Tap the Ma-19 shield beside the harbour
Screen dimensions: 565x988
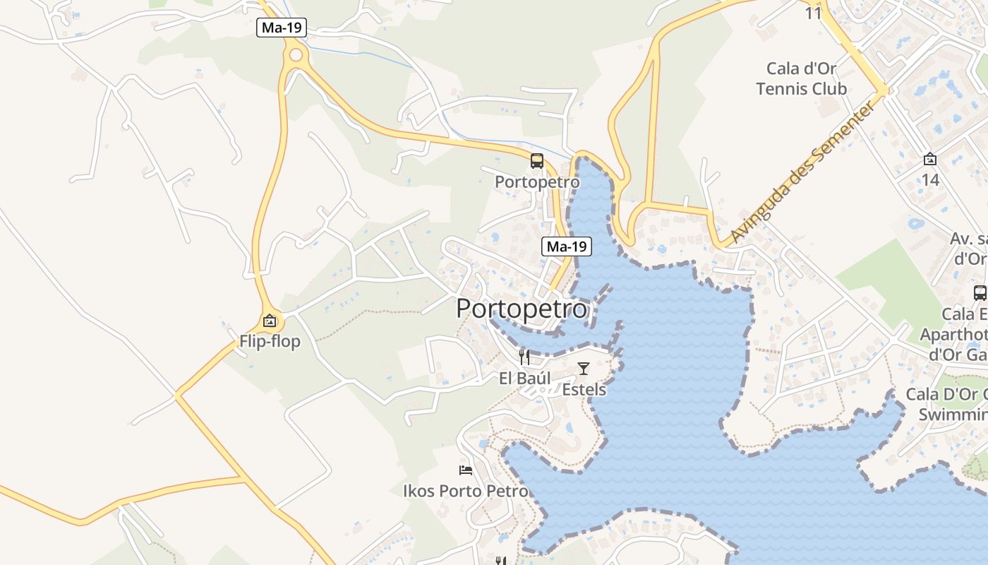pos(567,246)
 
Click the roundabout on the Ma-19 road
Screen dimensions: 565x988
pos(296,54)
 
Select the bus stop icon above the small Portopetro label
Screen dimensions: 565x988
pos(537,161)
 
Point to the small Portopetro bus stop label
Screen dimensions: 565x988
pos(537,182)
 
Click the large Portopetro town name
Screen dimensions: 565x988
pos(522,309)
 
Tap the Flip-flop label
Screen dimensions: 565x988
pos(270,342)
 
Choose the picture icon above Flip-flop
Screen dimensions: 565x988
pos(269,321)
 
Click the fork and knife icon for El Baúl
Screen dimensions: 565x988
pos(524,357)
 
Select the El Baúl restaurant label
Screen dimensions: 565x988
pos(524,379)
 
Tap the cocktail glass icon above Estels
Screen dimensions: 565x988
pos(584,368)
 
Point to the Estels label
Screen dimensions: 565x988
pos(584,389)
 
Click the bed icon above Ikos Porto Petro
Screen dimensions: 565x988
pos(466,470)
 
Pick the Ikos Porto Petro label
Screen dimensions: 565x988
pos(466,491)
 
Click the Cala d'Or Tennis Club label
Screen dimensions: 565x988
pos(802,78)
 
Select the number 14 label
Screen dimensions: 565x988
pos(930,180)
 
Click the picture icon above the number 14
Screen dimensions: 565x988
pos(930,160)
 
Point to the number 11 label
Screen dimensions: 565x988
pos(814,13)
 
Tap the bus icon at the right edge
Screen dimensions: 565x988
pos(980,292)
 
